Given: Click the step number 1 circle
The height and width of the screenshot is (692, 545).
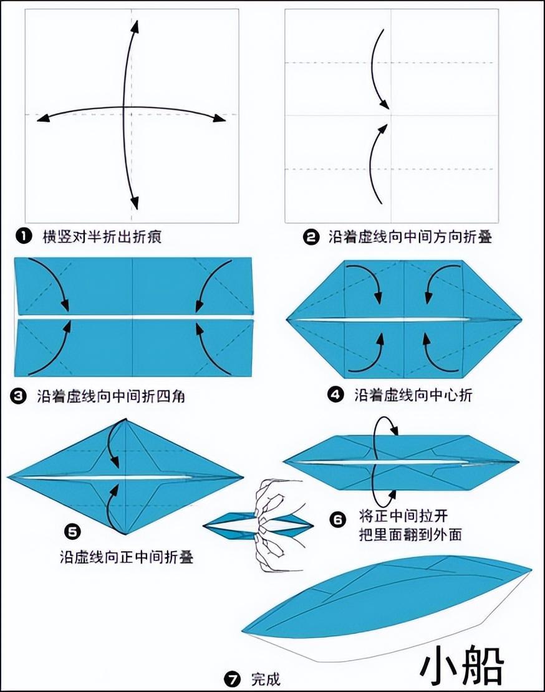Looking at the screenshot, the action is click(x=24, y=236).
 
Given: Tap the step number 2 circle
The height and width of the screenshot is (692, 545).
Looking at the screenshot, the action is click(x=311, y=238).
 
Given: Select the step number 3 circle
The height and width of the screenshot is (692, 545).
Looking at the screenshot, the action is click(x=19, y=396).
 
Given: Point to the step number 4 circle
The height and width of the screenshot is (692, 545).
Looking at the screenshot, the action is click(x=335, y=394).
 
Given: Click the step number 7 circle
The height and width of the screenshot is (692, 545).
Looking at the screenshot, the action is click(x=232, y=678).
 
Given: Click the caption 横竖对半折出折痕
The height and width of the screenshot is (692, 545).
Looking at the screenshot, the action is click(x=102, y=237).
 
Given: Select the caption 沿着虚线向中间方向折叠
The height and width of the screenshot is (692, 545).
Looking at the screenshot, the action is click(x=410, y=238).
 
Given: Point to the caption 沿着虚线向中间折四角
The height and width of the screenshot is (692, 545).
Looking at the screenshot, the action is click(x=111, y=396).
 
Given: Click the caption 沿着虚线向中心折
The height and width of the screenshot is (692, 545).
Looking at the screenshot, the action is click(x=413, y=395).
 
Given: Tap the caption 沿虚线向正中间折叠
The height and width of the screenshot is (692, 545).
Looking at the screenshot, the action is click(x=127, y=557).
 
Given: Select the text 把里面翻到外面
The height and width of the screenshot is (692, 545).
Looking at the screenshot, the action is click(x=410, y=534).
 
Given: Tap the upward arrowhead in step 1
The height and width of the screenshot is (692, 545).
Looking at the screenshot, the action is click(x=135, y=26).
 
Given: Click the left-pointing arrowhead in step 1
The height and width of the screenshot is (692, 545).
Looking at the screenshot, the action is click(x=43, y=118).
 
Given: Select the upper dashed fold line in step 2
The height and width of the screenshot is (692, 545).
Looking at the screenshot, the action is click(x=390, y=63).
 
